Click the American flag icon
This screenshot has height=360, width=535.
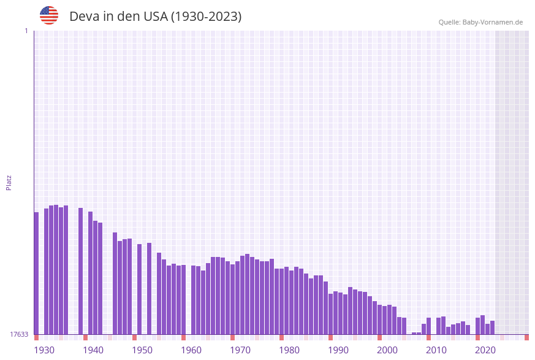click(49, 15)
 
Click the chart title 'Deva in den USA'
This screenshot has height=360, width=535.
click(155, 17)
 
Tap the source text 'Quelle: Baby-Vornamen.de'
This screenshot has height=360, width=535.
click(480, 22)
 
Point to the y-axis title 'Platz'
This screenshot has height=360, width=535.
click(9, 182)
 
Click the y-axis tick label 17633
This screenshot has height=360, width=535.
click(19, 334)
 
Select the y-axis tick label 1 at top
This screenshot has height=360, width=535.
click(26, 31)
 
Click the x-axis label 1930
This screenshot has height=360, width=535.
click(44, 350)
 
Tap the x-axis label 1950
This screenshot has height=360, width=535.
click(142, 350)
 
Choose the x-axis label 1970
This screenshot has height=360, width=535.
click(240, 350)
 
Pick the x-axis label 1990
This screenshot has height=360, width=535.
click(338, 350)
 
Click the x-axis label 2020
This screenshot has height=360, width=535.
click(485, 350)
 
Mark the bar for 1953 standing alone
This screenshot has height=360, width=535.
click(149, 288)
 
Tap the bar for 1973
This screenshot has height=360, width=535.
click(247, 294)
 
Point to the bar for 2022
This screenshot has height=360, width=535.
click(487, 329)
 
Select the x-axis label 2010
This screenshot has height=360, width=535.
click(436, 350)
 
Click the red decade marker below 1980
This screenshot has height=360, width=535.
click(281, 337)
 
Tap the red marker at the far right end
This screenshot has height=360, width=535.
click(526, 337)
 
